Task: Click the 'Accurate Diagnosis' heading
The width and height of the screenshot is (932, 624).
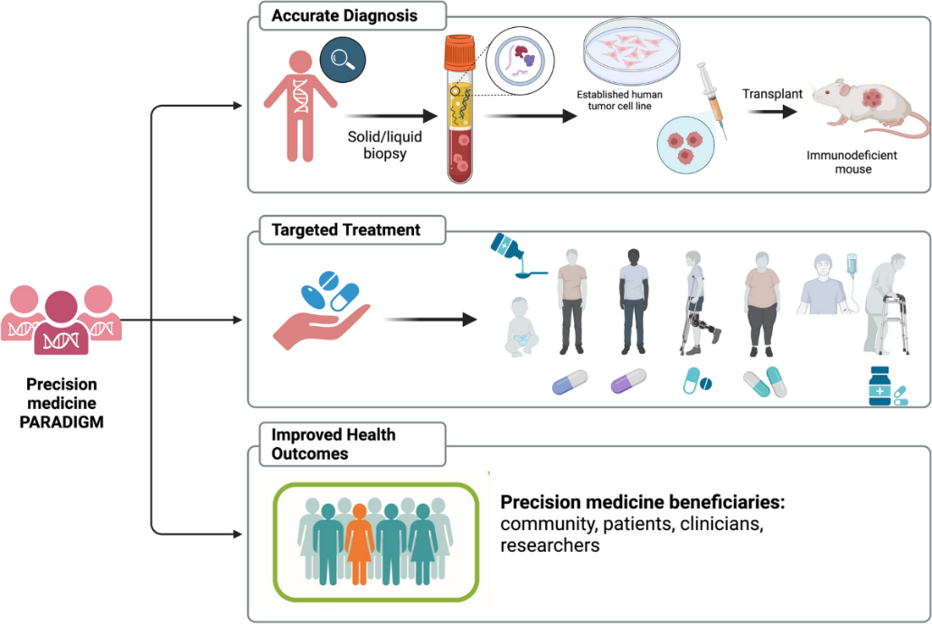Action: pos(344,16)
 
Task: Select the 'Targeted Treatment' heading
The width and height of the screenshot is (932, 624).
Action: pos(345,229)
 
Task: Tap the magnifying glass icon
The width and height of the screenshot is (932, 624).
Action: pos(343,60)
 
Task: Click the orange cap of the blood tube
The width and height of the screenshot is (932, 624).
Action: pos(459,51)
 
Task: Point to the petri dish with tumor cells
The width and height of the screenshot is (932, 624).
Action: pos(631,50)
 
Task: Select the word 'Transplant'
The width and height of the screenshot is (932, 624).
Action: pos(772,94)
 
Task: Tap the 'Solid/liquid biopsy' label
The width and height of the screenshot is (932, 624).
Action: pos(384,144)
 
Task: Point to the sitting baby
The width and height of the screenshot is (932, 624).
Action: pos(522,327)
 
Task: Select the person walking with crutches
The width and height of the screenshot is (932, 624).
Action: pos(700,303)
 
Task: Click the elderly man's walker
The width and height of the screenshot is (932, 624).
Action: pos(895,323)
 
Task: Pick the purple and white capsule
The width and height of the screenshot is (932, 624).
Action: pos(628,380)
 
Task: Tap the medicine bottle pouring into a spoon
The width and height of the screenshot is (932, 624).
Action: pos(515,256)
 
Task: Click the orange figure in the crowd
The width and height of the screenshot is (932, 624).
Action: pos(360,544)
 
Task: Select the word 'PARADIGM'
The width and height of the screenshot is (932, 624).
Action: pos(61,422)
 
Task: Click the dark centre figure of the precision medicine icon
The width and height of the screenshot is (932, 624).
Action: pos(61,322)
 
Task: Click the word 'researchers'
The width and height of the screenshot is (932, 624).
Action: pos(550,545)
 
